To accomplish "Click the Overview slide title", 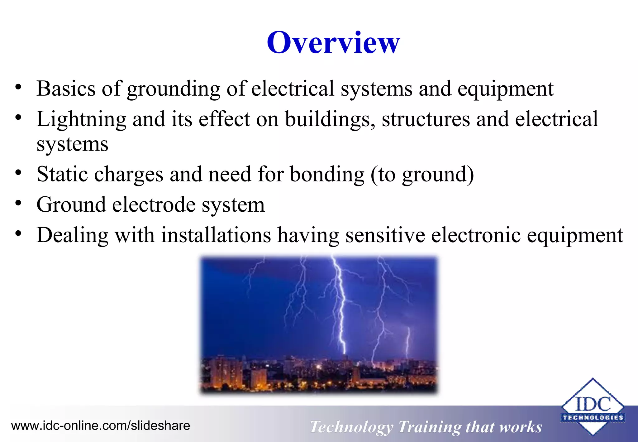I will coord(333,43).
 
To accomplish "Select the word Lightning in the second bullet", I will coord(81,119).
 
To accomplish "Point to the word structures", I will coord(426,119).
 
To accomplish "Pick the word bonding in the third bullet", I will coord(327,175).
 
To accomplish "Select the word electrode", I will coord(154,205).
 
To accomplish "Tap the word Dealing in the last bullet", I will coord(72,235).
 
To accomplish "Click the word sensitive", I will coord(385,235).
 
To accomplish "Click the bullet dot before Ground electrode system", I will coord(18,203).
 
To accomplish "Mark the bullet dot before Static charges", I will coord(18,172).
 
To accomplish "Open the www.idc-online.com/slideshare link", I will coord(100,425).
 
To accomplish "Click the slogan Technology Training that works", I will coord(426,427).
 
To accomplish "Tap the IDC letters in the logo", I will coord(593,404).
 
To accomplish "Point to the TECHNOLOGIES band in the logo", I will coord(593,418).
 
